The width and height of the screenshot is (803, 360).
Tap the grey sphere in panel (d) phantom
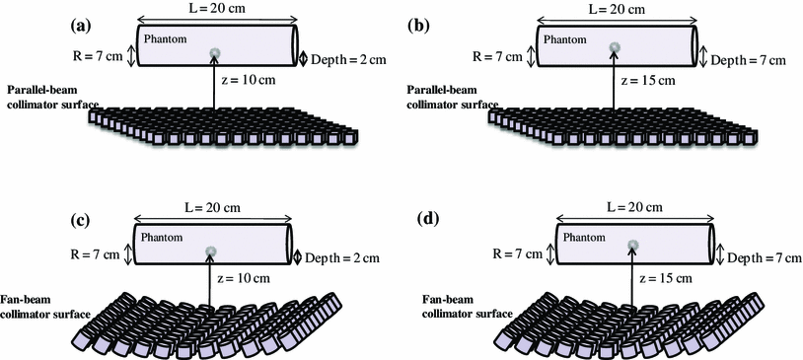pos(631,244)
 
